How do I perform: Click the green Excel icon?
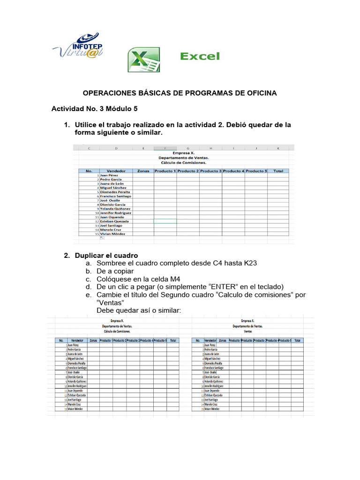143,60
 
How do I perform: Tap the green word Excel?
200,57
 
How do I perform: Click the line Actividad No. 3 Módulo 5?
95,109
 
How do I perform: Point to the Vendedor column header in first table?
116,171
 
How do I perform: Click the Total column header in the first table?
278,171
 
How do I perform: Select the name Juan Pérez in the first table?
111,175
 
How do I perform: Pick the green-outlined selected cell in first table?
165,221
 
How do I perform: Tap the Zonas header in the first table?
143,171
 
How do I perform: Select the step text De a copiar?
115,271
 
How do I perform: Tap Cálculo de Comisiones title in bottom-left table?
116,330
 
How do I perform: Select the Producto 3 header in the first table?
210,171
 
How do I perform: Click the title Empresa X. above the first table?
184,153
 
